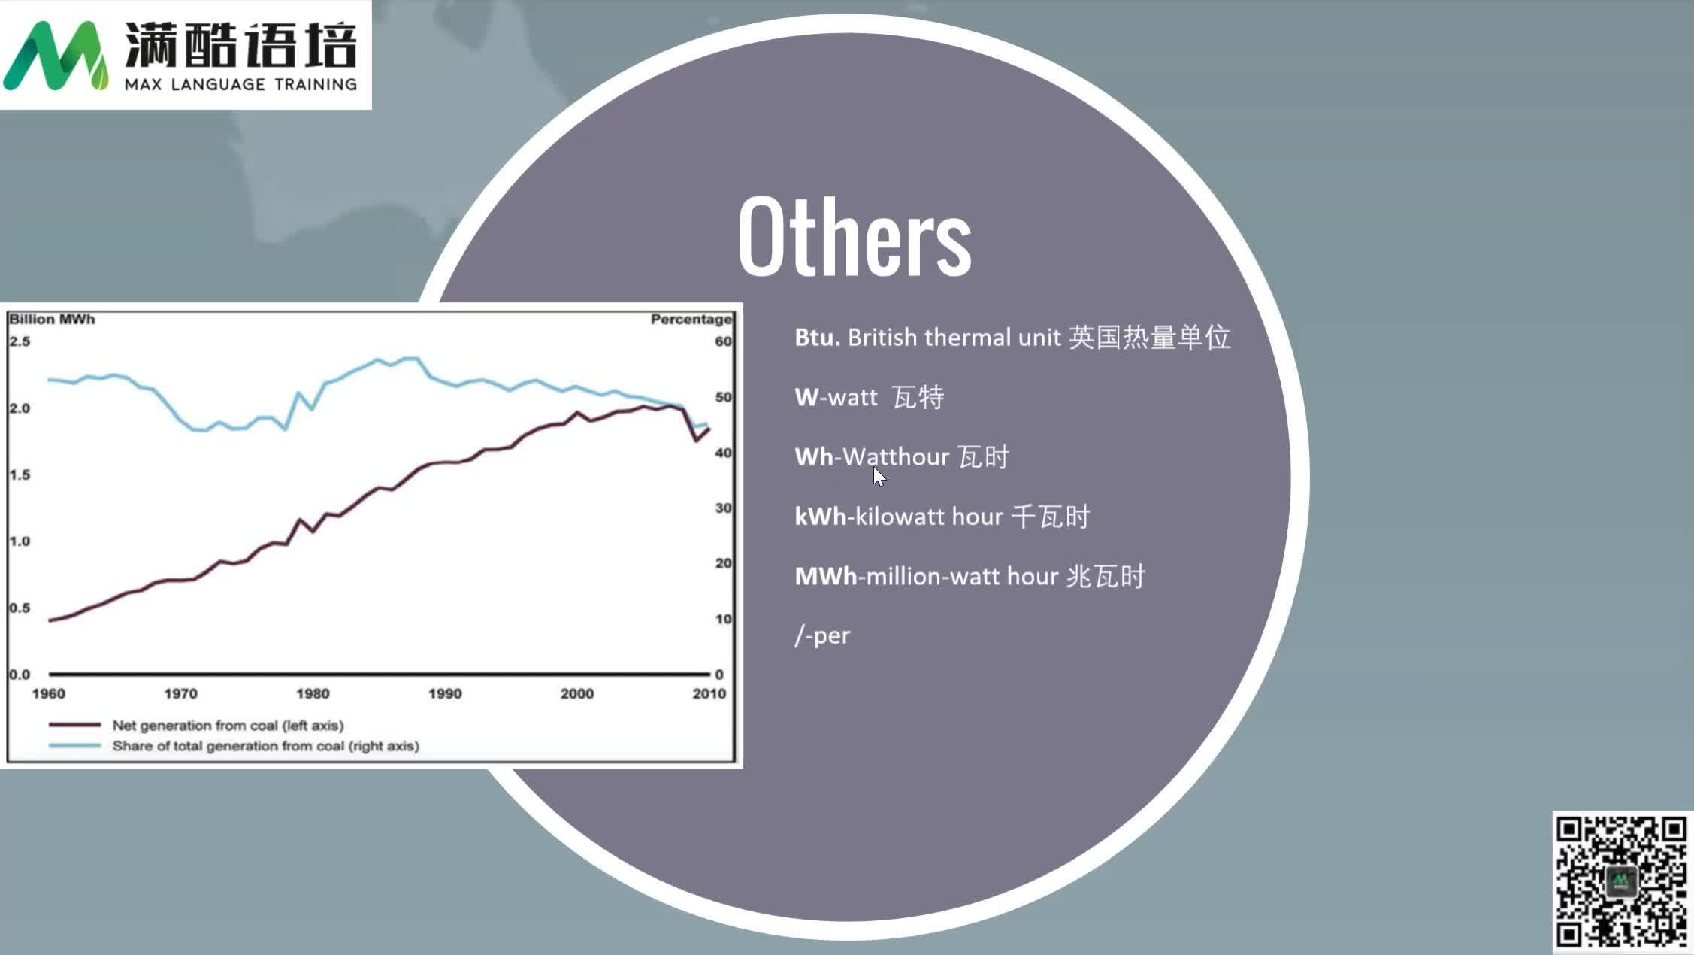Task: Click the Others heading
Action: [855, 237]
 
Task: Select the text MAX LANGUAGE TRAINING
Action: [240, 84]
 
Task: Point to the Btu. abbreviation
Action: [817, 338]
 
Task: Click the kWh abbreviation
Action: [820, 517]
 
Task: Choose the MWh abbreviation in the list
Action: [825, 577]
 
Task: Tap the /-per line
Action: [822, 636]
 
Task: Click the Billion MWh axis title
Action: [52, 320]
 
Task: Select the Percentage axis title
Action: [691, 320]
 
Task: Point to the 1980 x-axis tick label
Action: [313, 693]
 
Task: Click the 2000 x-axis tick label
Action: [576, 693]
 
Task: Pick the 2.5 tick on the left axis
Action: [20, 341]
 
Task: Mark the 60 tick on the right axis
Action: [723, 341]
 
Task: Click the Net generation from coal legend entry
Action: [227, 726]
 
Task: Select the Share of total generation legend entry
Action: [265, 746]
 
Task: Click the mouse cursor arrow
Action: [879, 477]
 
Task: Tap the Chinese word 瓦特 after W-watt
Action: [918, 397]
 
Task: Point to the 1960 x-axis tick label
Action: [49, 693]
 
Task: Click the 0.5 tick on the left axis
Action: [20, 608]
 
